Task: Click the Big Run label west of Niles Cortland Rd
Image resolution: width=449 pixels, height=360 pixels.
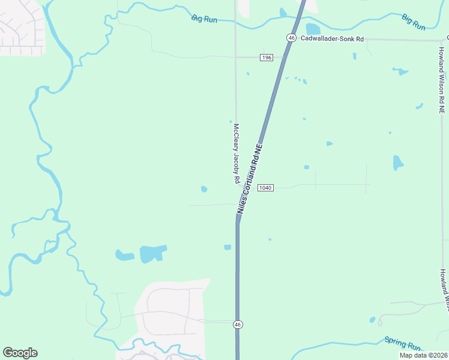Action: (x=204, y=19)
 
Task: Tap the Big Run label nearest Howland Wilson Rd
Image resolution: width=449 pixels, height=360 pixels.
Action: (x=414, y=22)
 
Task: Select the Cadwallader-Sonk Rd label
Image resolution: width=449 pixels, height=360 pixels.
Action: (x=332, y=38)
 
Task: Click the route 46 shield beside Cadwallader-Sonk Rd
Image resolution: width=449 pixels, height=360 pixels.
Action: (x=291, y=38)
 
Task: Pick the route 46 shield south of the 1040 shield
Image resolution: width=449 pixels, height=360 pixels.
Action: (x=238, y=325)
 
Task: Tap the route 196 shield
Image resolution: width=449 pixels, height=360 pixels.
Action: (x=267, y=58)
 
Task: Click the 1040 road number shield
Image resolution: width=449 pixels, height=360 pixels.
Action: (x=265, y=188)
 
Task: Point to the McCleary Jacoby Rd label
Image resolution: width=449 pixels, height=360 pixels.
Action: (x=237, y=154)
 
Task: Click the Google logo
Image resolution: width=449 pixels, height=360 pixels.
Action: (x=20, y=353)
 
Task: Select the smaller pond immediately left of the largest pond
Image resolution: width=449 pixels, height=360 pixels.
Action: (x=125, y=256)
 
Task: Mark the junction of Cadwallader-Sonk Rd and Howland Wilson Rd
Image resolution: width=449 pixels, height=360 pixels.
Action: (x=441, y=41)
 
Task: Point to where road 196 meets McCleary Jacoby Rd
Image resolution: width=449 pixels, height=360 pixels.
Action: (x=235, y=58)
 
